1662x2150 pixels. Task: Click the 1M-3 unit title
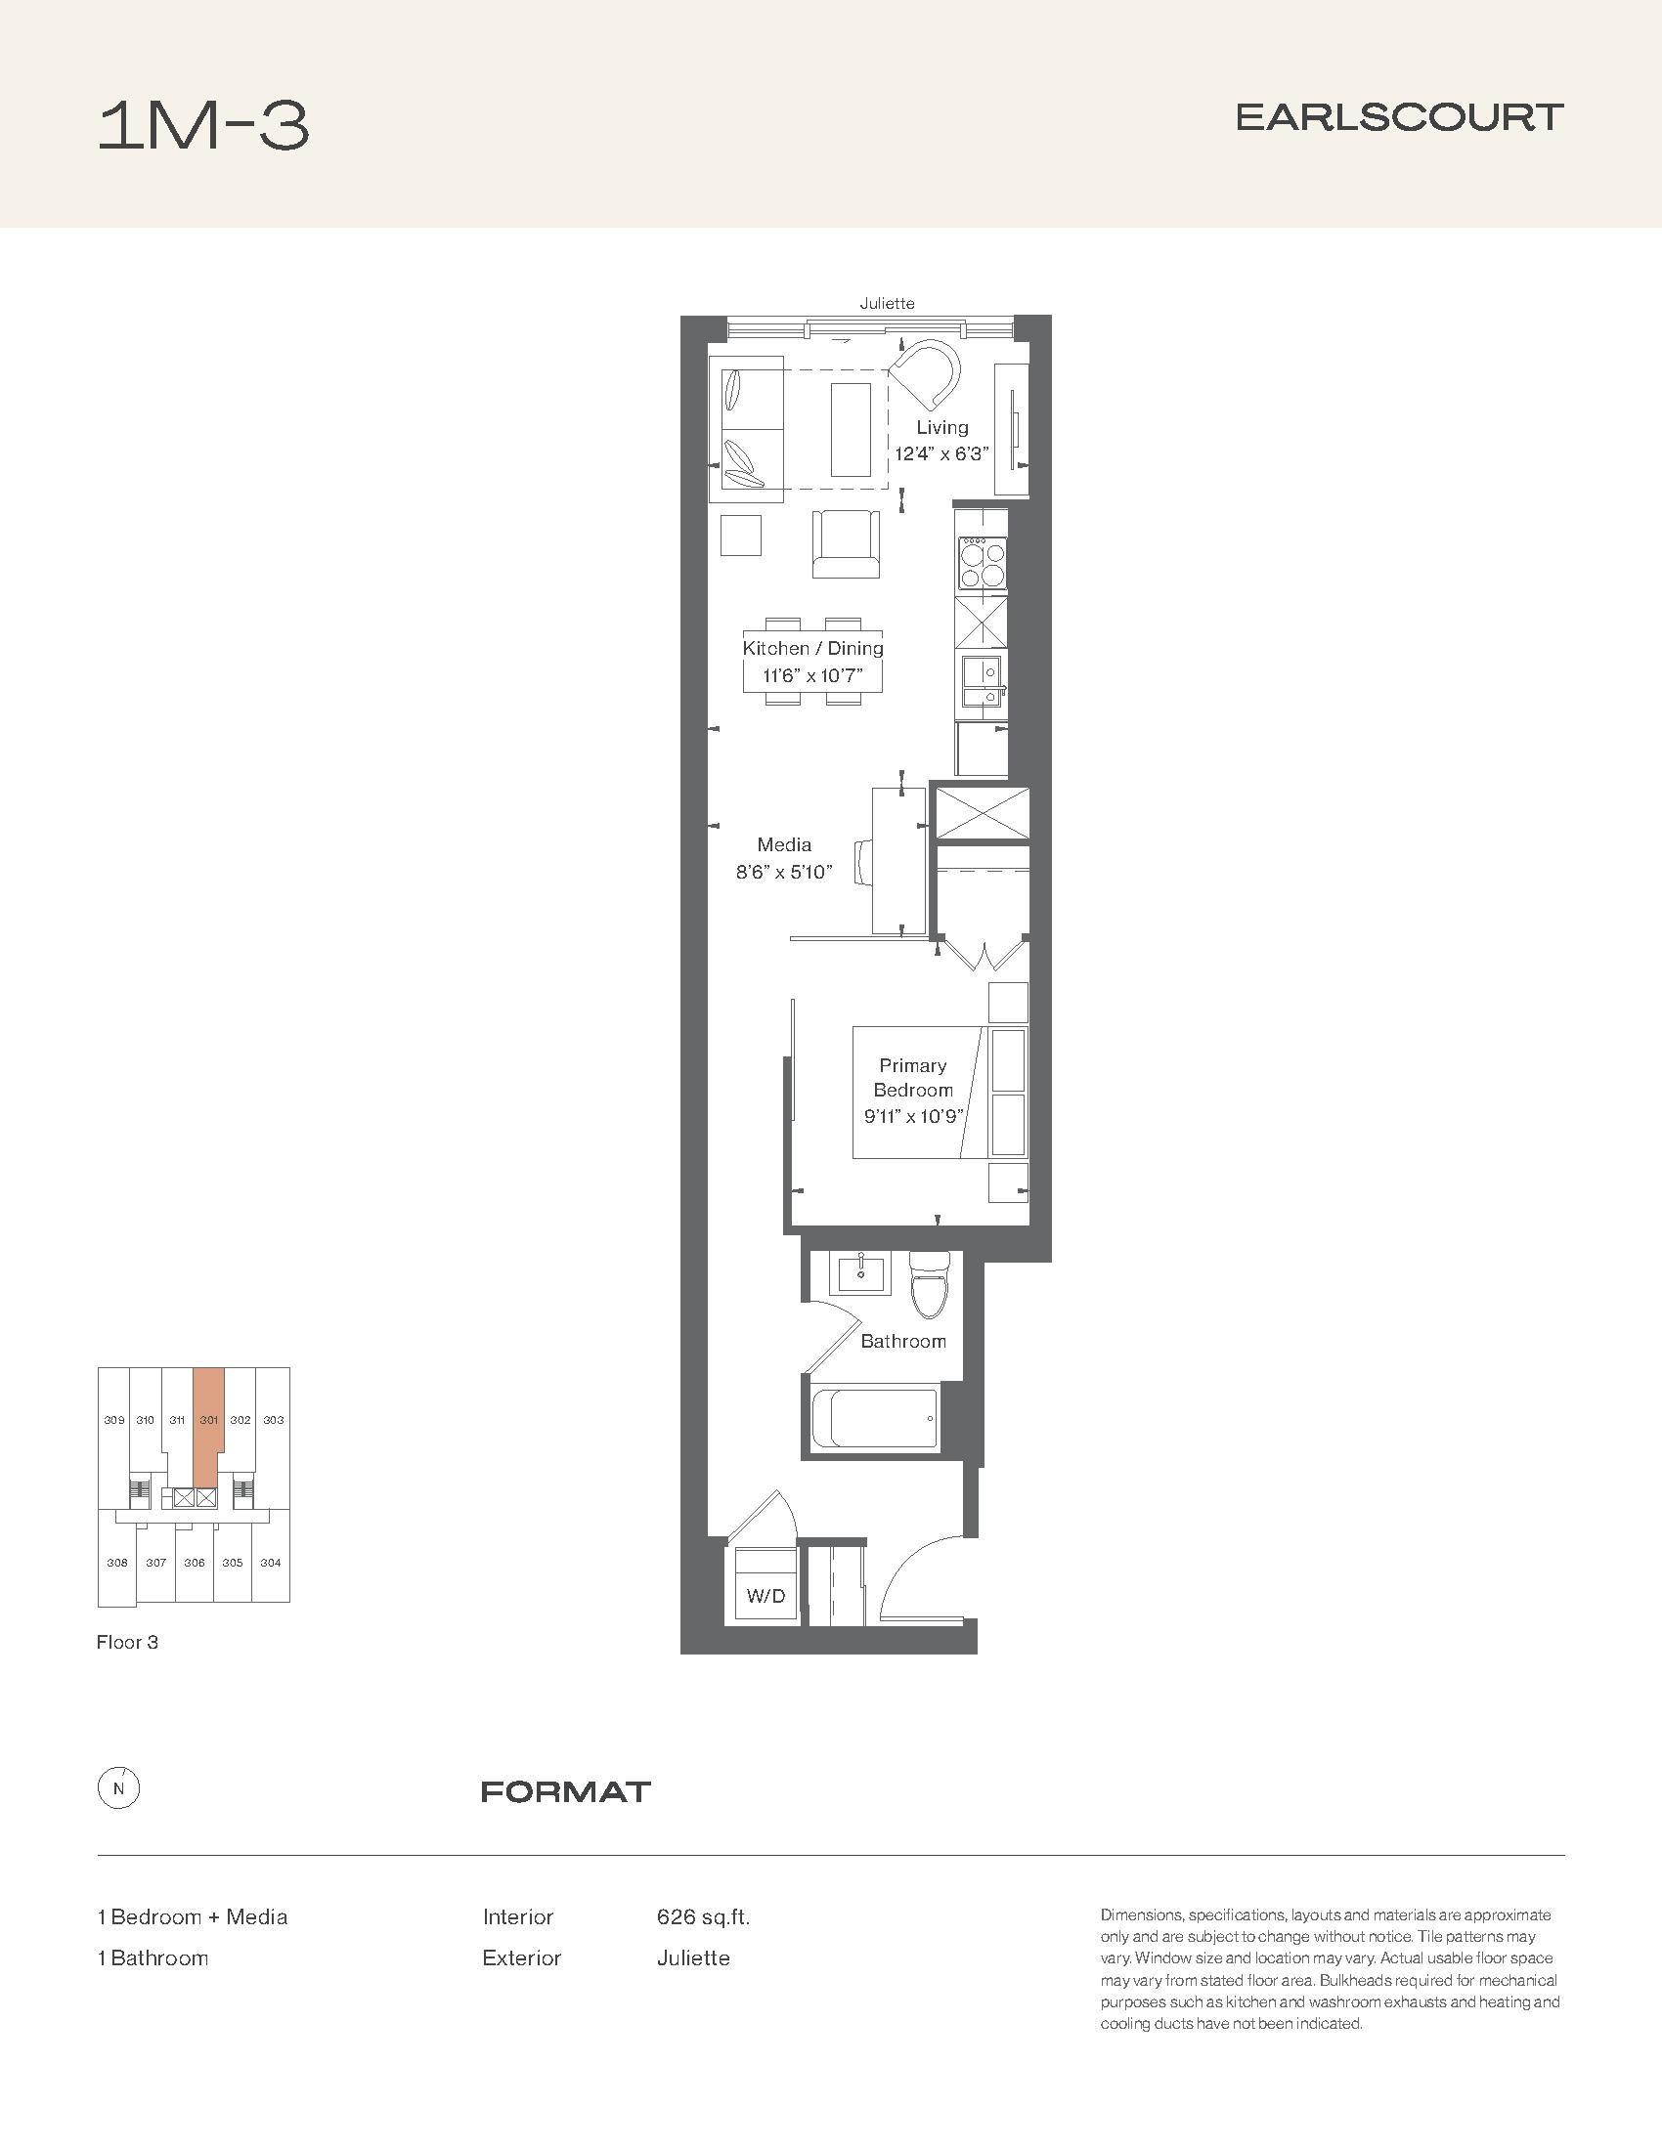pyautogui.click(x=203, y=126)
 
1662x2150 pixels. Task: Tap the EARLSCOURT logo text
pyautogui.click(x=1399, y=118)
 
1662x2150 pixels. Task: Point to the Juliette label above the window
pyautogui.click(x=887, y=303)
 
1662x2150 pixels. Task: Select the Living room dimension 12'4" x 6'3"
pyautogui.click(x=941, y=453)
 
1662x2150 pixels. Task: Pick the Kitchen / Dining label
pyautogui.click(x=812, y=648)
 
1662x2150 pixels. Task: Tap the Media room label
pyautogui.click(x=784, y=843)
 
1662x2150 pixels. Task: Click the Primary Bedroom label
pyautogui.click(x=913, y=1077)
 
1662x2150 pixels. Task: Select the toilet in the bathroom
pyautogui.click(x=929, y=1284)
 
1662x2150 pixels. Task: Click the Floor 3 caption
pyautogui.click(x=127, y=1642)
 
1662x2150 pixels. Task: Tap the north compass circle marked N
pyautogui.click(x=119, y=1788)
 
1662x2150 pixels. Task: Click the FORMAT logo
pyautogui.click(x=566, y=1791)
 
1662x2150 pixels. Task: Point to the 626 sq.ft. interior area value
pyautogui.click(x=703, y=1916)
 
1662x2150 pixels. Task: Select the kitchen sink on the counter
pyautogui.click(x=983, y=681)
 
